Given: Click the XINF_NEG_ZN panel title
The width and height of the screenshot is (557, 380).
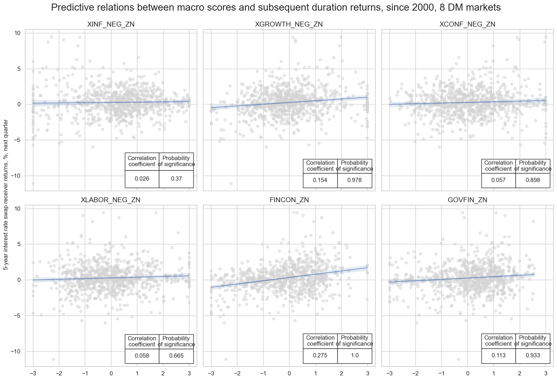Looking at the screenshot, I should (111, 24).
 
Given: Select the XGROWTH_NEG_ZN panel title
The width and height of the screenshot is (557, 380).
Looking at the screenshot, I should (289, 24).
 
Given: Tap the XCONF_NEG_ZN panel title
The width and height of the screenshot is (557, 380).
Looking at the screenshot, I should (467, 24).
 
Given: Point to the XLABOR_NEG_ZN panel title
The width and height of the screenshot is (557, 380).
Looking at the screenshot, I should (111, 200).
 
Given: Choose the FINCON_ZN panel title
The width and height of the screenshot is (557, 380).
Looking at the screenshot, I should (289, 200).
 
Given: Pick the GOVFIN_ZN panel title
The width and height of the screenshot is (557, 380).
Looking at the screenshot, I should (467, 200).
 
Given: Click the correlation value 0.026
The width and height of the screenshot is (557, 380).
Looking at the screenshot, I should (142, 179).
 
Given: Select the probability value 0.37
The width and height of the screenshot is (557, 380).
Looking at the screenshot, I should (176, 179).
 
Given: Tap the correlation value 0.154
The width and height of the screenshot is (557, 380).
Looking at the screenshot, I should (320, 180).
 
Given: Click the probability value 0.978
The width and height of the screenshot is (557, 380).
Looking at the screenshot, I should (354, 180).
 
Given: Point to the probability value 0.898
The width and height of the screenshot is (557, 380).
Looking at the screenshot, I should (533, 180).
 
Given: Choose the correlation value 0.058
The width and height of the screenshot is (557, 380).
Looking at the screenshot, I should (142, 356).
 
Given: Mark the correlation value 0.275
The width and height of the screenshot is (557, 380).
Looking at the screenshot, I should (320, 356).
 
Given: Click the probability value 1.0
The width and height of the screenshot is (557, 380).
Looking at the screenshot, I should (354, 356).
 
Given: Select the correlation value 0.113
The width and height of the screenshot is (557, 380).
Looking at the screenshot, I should (498, 356).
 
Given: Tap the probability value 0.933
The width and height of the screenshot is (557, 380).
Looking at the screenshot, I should (533, 356).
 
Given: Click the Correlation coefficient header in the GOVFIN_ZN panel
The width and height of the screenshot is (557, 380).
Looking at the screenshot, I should (498, 341).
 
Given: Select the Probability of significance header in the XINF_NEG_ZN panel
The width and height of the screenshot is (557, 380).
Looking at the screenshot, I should (176, 161).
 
